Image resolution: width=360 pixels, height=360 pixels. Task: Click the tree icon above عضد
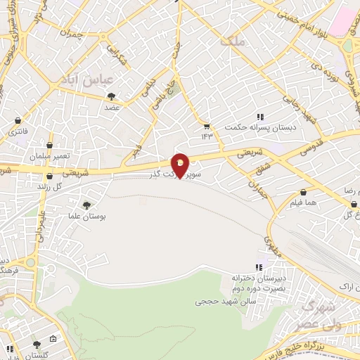coord(110,97)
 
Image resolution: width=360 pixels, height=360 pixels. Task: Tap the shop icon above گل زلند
coord(49,176)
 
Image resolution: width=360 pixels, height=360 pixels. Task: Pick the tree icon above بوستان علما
coord(86,205)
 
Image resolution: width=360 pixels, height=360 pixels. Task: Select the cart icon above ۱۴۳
coord(207,124)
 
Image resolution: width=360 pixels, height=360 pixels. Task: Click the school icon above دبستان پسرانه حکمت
coord(259,116)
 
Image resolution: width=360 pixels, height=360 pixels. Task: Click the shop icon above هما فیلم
coord(303,191)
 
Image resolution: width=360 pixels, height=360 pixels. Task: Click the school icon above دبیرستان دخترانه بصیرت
coord(259,268)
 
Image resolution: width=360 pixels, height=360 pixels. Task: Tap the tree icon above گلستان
coord(36,345)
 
